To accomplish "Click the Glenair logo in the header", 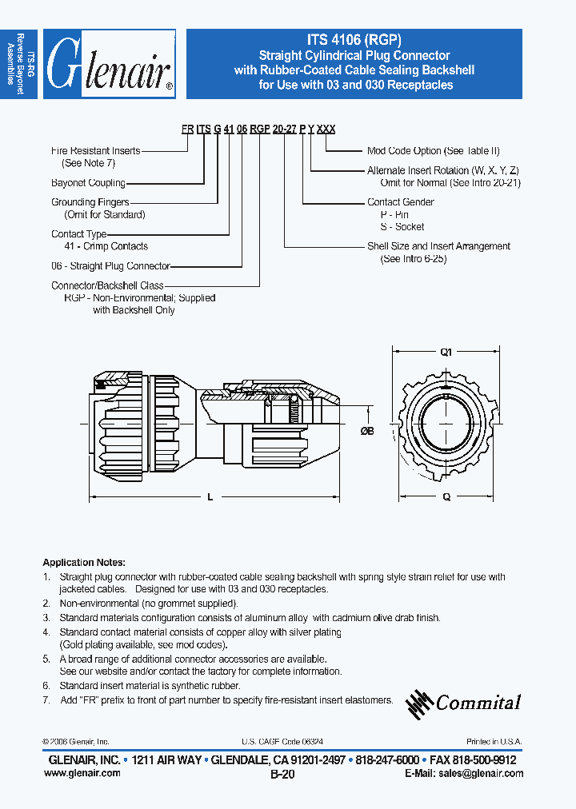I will coord(110,65).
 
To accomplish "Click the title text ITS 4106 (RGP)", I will coord(354,40).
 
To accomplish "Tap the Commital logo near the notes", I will coord(464,702).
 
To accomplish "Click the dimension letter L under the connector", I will coord(210,497).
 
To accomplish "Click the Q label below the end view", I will coord(446,497).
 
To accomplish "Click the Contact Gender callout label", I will coord(401,202).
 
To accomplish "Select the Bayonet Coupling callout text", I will coord(88,183).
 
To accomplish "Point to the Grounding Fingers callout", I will coord(90,203).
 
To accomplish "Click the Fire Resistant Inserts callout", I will coord(95,150).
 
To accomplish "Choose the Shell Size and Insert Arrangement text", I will coord(438,246).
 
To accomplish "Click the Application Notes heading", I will coord(84,563).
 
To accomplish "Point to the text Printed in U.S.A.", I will coord(494,742).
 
